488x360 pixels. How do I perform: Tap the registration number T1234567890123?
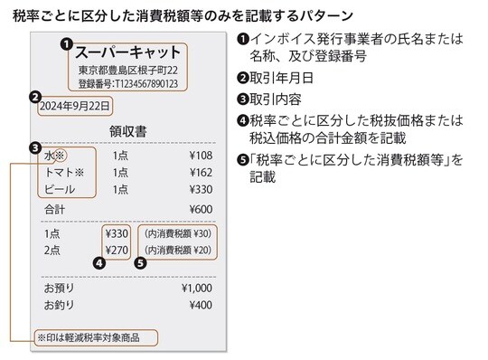click(127, 84)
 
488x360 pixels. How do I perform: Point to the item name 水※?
click(56, 155)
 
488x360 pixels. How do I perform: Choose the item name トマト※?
click(64, 172)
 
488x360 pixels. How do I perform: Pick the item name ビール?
click(60, 190)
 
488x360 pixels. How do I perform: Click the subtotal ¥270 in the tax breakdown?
click(117, 250)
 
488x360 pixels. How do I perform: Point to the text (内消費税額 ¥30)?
click(178, 232)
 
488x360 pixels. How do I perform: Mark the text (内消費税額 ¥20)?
click(178, 250)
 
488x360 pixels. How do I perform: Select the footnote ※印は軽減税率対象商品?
click(95, 338)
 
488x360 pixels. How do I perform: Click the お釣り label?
click(61, 306)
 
